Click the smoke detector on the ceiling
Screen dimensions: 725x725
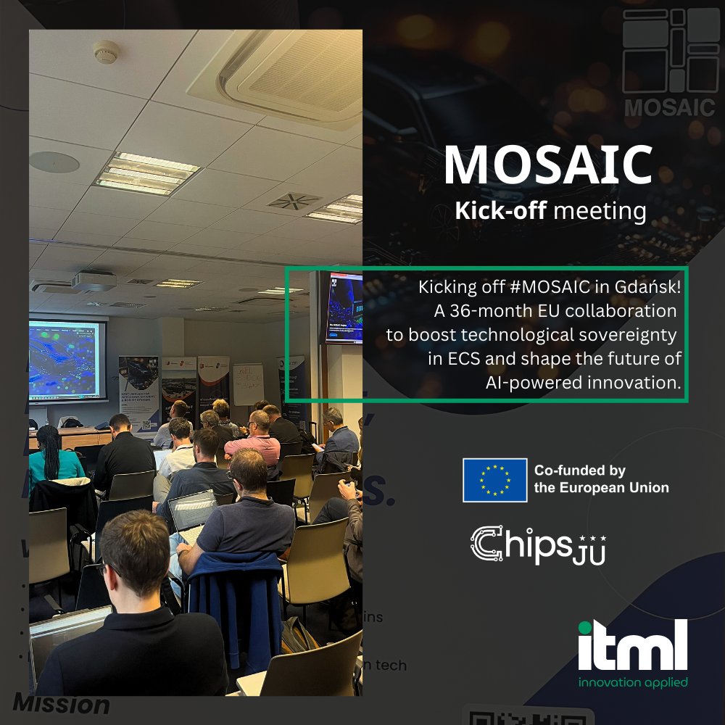point(106,51)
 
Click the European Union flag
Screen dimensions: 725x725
point(494,480)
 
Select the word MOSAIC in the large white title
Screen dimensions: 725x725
point(548,165)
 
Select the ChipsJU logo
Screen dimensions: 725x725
point(537,544)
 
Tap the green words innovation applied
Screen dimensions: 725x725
point(632,682)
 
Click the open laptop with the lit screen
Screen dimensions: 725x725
point(192,510)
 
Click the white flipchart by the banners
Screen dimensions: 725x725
point(247,384)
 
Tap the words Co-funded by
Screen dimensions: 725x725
point(579,471)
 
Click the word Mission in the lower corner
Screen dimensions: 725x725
point(61,703)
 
